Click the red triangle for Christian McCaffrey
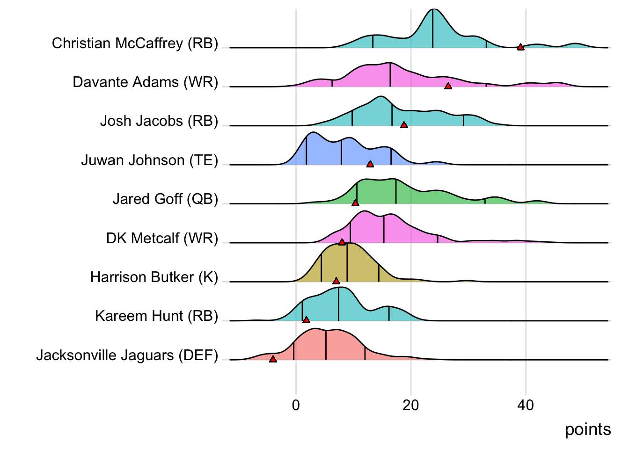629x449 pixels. [x=520, y=47]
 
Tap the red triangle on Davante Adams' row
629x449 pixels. [x=448, y=86]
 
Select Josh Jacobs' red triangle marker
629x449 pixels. [x=404, y=125]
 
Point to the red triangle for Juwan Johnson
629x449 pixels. [x=370, y=164]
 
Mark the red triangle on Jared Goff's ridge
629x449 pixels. [x=355, y=203]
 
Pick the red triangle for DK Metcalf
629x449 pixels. [x=342, y=242]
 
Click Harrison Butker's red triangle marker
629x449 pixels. [x=336, y=281]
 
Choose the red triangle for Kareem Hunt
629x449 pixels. [x=306, y=320]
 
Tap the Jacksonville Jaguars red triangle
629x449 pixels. [x=273, y=359]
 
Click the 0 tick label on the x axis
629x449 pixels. [x=296, y=405]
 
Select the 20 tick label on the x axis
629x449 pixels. [x=410, y=405]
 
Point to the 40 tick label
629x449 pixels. [x=526, y=405]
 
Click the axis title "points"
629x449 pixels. [x=588, y=429]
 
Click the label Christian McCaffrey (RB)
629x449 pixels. [x=135, y=43]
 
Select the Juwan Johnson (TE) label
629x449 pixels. [x=150, y=160]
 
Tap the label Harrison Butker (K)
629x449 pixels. [x=154, y=277]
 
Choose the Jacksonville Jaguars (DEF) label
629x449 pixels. [x=127, y=355]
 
